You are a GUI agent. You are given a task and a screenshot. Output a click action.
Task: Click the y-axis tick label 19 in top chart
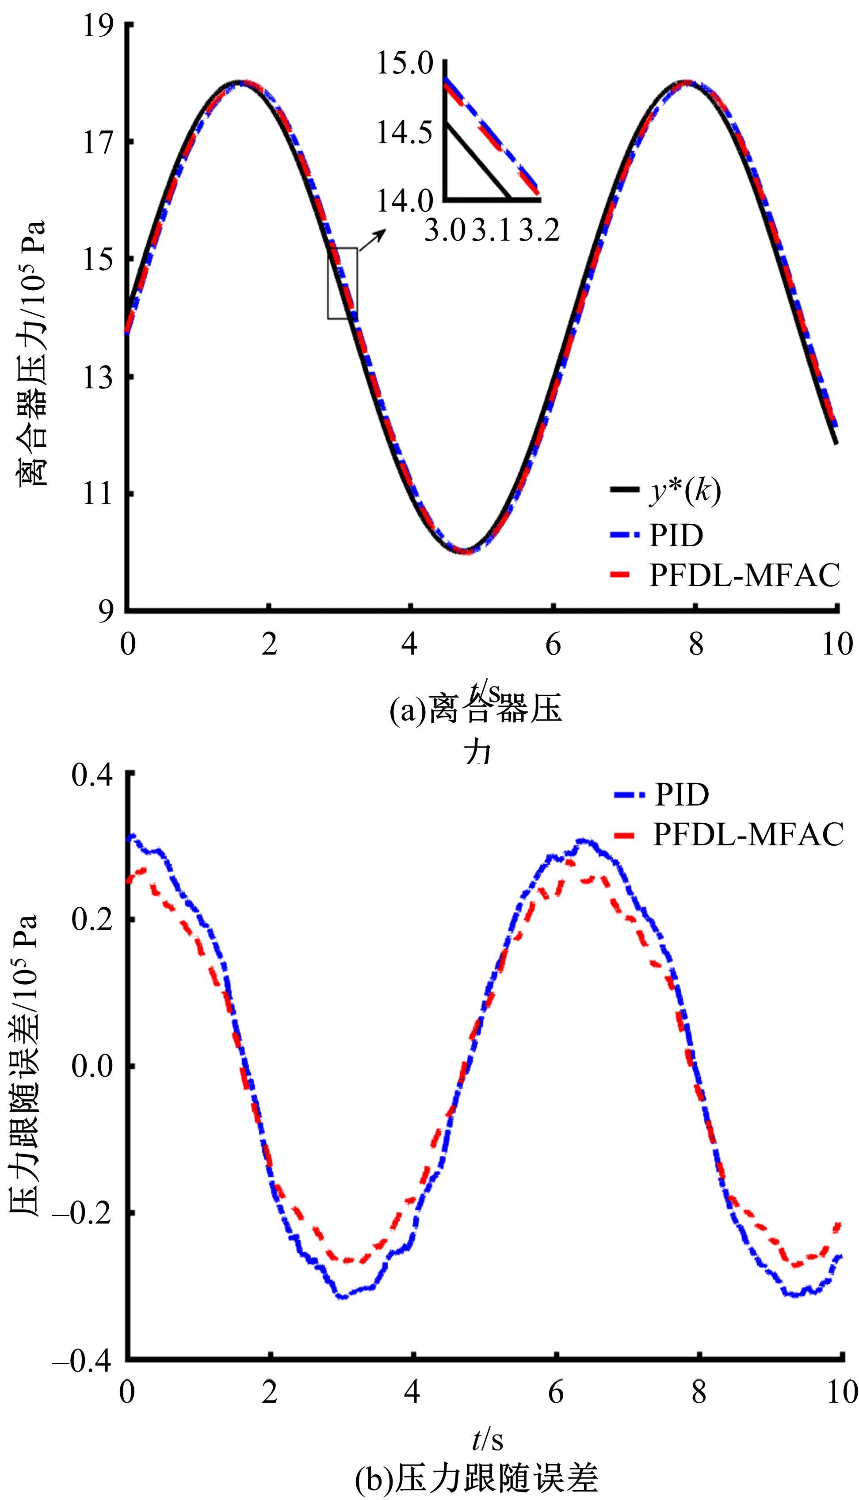(x=97, y=27)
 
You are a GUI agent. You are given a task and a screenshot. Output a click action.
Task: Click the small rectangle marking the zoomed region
(x=342, y=284)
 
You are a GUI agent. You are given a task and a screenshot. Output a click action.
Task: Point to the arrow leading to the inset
(x=373, y=241)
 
